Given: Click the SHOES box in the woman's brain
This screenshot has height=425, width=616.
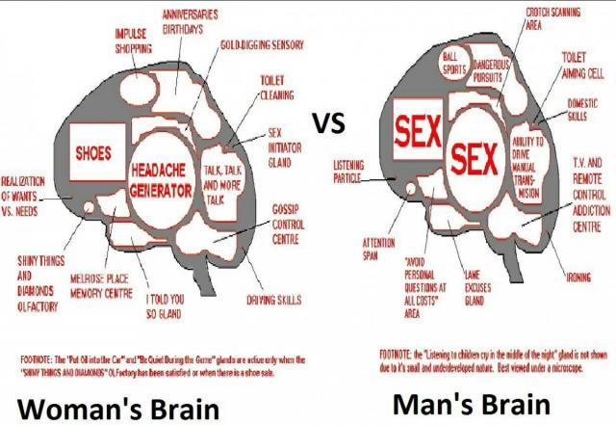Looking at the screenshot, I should (93, 153).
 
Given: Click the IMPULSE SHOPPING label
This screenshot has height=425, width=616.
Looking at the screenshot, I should (134, 40).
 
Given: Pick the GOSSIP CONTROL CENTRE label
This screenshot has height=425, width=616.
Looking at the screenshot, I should (292, 226).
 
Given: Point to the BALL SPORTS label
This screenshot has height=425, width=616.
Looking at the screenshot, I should (454, 64).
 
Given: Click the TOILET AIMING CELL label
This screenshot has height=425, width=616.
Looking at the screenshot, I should (581, 66).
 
